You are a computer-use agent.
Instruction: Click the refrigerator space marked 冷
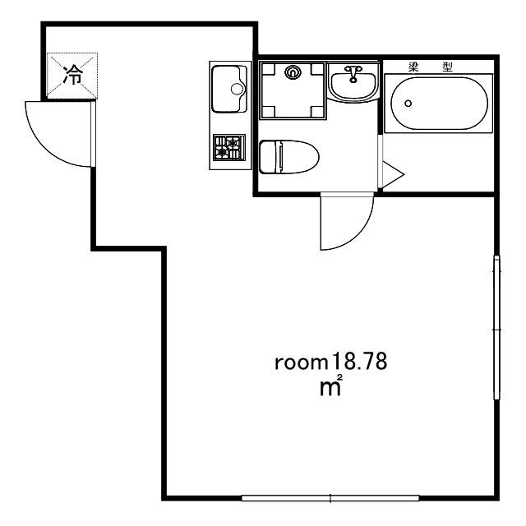click(72, 76)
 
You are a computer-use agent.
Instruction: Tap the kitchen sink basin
click(229, 89)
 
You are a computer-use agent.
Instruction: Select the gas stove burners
click(229, 147)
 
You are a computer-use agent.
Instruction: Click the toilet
click(288, 157)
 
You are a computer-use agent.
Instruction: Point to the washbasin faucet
click(353, 73)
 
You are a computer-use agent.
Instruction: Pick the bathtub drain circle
click(408, 104)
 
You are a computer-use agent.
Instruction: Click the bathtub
click(439, 104)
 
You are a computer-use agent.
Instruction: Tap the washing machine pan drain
click(293, 72)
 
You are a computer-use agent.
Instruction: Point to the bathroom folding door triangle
click(393, 174)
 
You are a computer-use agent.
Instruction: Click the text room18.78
click(330, 362)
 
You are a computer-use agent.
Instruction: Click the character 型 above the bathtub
click(447, 67)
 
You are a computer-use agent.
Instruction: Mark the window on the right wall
click(496, 327)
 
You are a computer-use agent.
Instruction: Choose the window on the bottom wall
click(330, 498)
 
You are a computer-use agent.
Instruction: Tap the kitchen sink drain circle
click(237, 89)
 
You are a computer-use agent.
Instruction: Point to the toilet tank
click(268, 157)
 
